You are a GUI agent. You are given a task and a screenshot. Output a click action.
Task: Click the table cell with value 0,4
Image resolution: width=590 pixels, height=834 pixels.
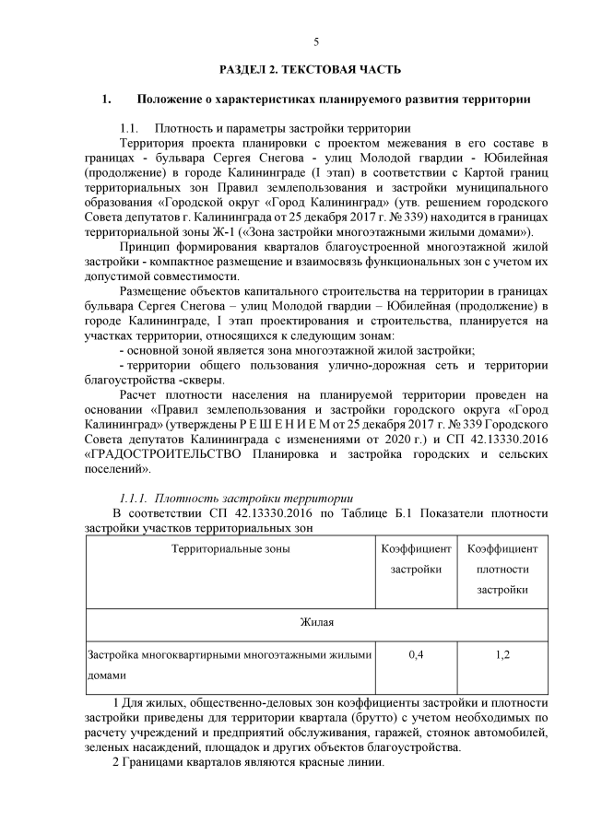pyautogui.click(x=415, y=654)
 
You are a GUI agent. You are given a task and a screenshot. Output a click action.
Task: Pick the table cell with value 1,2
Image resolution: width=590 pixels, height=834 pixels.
pyautogui.click(x=501, y=654)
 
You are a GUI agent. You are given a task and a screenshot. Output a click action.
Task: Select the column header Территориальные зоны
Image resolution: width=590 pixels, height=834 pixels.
pyautogui.click(x=230, y=549)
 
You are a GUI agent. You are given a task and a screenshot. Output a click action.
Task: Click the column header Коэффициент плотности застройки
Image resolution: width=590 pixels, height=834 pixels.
pyautogui.click(x=501, y=569)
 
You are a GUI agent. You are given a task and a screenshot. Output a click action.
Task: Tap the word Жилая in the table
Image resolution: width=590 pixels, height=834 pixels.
pyautogui.click(x=316, y=623)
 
